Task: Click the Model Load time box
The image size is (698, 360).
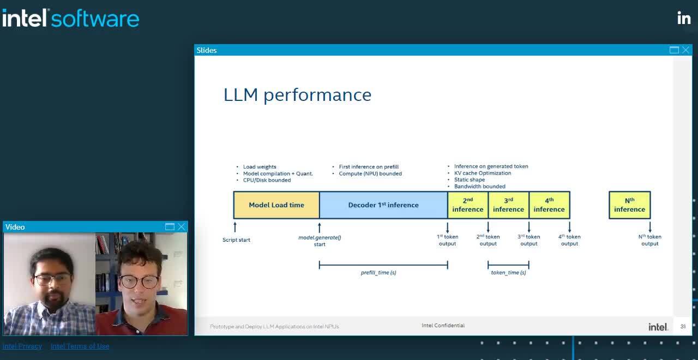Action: click(x=276, y=205)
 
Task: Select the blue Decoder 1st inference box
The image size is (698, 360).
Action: click(x=383, y=205)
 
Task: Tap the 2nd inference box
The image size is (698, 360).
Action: click(x=468, y=205)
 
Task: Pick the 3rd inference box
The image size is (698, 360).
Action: click(x=508, y=205)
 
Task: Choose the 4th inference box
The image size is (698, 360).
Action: click(x=549, y=205)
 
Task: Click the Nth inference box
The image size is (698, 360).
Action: click(x=629, y=205)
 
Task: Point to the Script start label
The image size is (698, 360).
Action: click(x=236, y=240)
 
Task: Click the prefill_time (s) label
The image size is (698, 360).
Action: click(x=378, y=272)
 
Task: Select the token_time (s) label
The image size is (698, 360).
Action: click(x=508, y=272)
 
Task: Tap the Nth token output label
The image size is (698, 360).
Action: click(x=649, y=240)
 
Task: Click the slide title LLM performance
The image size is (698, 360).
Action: click(x=297, y=95)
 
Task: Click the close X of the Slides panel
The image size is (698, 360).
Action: click(x=685, y=50)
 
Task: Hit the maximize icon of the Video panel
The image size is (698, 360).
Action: click(x=170, y=227)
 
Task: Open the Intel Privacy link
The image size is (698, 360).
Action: click(x=22, y=346)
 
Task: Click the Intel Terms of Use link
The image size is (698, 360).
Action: click(x=80, y=346)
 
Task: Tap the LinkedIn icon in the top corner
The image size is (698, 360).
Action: click(x=684, y=18)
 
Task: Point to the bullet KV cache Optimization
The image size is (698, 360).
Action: click(x=483, y=173)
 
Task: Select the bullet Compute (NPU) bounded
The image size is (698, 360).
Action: click(x=370, y=173)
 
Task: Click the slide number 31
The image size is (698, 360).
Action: click(x=683, y=327)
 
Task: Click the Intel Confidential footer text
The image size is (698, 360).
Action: click(x=443, y=326)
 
